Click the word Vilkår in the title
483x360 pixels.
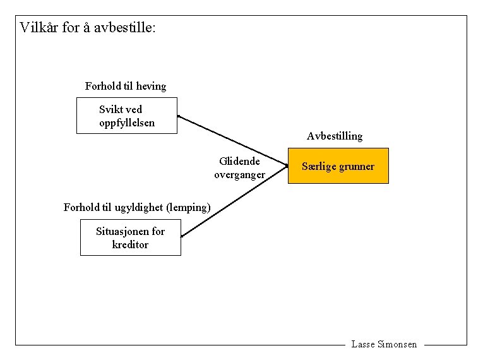[x=39, y=28]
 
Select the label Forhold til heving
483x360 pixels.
[x=126, y=86]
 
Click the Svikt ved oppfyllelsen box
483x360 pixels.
[x=126, y=115]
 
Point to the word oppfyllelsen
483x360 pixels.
[x=126, y=122]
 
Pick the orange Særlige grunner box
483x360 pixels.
[x=338, y=166]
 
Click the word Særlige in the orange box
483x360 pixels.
[x=319, y=167]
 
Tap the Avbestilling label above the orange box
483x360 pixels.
[x=335, y=136]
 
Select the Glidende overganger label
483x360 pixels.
[x=239, y=168]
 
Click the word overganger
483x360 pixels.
[x=239, y=175]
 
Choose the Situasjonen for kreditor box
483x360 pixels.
[x=130, y=237]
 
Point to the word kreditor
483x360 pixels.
[x=130, y=244]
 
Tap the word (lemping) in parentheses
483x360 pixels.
[x=187, y=207]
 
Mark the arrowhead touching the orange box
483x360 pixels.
[x=285, y=165]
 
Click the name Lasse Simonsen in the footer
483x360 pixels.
[x=384, y=344]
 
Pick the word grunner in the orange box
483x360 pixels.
[x=357, y=167]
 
